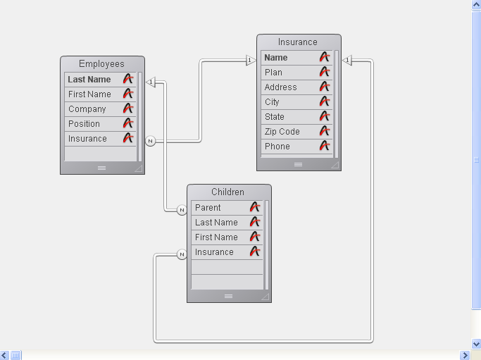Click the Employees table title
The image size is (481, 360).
click(x=101, y=64)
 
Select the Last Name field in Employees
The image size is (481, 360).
click(x=89, y=80)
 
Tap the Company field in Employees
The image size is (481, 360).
click(x=87, y=109)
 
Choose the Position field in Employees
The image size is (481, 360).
click(x=85, y=124)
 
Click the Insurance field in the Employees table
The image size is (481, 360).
click(x=88, y=139)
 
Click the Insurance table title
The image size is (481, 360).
click(x=298, y=42)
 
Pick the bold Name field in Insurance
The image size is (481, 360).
click(x=276, y=58)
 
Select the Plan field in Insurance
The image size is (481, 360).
click(x=273, y=73)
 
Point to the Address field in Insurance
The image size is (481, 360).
click(x=280, y=87)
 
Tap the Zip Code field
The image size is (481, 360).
click(x=282, y=132)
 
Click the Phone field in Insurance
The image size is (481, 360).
click(x=277, y=147)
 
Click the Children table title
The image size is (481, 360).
click(x=228, y=192)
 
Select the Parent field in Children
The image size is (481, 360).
click(x=208, y=208)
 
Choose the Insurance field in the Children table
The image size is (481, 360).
click(x=214, y=252)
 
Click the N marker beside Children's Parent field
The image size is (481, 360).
click(x=182, y=210)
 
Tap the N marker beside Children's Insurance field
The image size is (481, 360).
click(x=182, y=254)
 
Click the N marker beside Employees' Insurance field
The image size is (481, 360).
click(x=150, y=141)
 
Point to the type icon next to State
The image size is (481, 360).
click(x=325, y=116)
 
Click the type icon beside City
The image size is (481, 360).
click(x=325, y=101)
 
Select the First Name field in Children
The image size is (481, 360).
click(x=216, y=237)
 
